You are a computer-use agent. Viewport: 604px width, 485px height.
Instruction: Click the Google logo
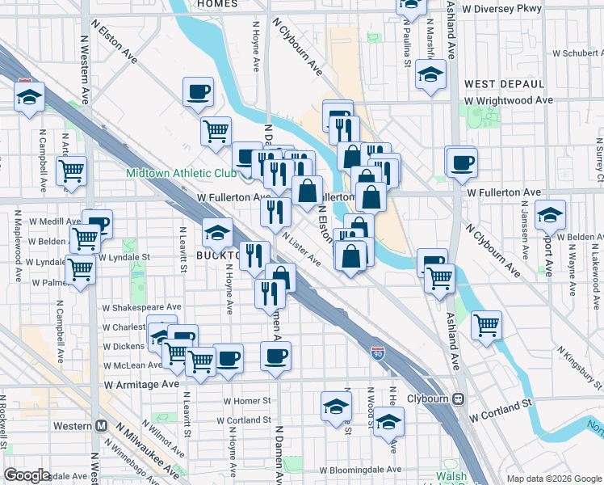pyautogui.click(x=27, y=475)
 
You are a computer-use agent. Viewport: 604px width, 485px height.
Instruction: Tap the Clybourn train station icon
pyautogui.click(x=459, y=399)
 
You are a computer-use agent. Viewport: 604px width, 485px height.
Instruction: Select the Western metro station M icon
pyautogui.click(x=102, y=426)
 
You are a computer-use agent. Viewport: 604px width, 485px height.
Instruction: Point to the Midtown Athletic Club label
pyautogui.click(x=181, y=174)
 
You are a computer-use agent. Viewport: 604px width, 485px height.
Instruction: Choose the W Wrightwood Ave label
pyautogui.click(x=509, y=100)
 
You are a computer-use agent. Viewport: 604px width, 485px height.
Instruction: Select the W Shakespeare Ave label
pyautogui.click(x=141, y=307)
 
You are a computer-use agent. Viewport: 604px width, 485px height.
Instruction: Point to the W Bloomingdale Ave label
pyautogui.click(x=360, y=470)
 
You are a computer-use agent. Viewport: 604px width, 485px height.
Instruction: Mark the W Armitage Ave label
pyautogui.click(x=141, y=386)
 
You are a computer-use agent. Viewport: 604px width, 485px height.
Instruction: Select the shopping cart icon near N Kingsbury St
pyautogui.click(x=486, y=325)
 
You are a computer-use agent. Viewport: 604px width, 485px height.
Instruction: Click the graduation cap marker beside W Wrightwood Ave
pyautogui.click(x=430, y=74)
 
